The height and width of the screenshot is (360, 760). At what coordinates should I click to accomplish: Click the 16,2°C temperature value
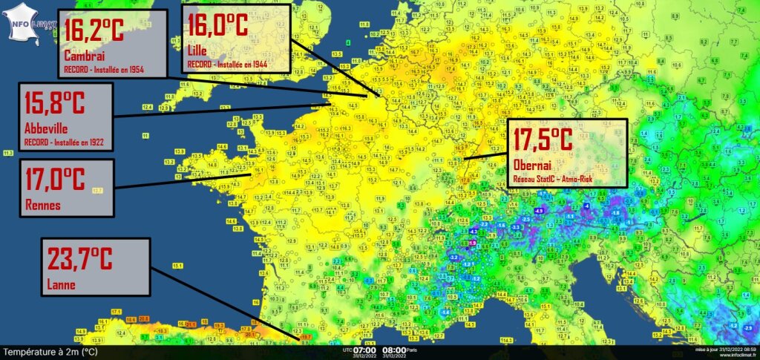[94, 32]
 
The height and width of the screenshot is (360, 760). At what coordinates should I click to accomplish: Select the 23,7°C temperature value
[80, 260]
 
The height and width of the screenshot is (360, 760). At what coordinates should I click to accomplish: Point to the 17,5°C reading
[541, 140]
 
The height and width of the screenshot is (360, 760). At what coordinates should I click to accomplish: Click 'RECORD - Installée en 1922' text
[65, 141]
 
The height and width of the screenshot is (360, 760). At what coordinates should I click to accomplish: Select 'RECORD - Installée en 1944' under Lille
[227, 65]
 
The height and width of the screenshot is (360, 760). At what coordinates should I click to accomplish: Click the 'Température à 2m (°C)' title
[50, 352]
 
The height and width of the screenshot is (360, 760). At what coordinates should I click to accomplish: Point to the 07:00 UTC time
[364, 350]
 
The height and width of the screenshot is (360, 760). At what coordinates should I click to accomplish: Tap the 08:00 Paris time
[393, 350]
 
